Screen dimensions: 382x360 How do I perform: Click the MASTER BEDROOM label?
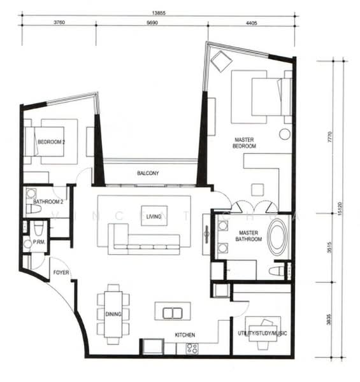[x=245, y=143]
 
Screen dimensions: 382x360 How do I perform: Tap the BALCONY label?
[x=148, y=173]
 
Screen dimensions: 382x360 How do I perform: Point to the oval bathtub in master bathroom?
[x=278, y=237]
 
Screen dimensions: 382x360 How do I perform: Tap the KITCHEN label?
[x=185, y=335]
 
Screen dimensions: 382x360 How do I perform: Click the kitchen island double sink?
[x=172, y=313]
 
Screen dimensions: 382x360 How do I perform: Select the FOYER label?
[x=61, y=272]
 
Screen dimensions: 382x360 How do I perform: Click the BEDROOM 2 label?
[x=50, y=143]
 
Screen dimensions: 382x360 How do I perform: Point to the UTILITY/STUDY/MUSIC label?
[x=263, y=334]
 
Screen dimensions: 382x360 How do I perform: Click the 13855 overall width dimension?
[x=160, y=12]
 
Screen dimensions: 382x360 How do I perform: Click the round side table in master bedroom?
[x=284, y=134]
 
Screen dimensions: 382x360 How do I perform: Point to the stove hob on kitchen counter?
[x=191, y=348]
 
